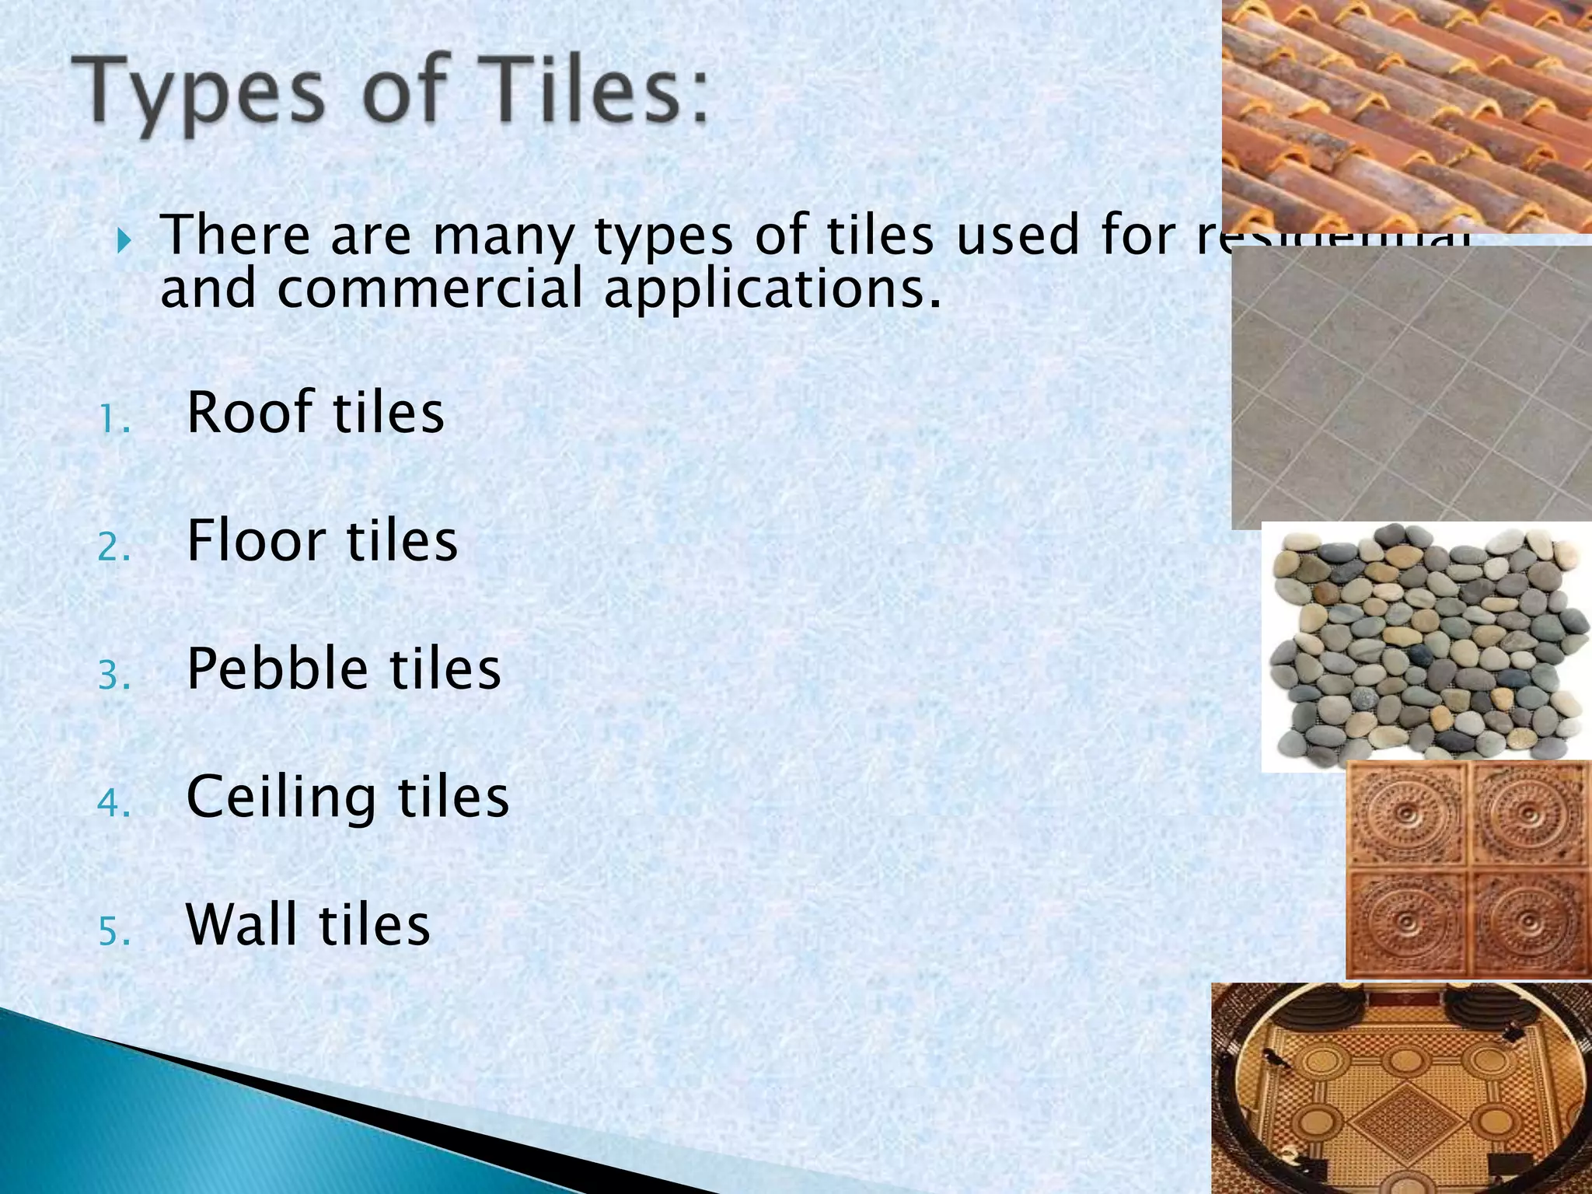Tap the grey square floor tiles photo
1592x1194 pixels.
(x=1412, y=386)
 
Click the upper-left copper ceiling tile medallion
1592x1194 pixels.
(x=1407, y=814)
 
